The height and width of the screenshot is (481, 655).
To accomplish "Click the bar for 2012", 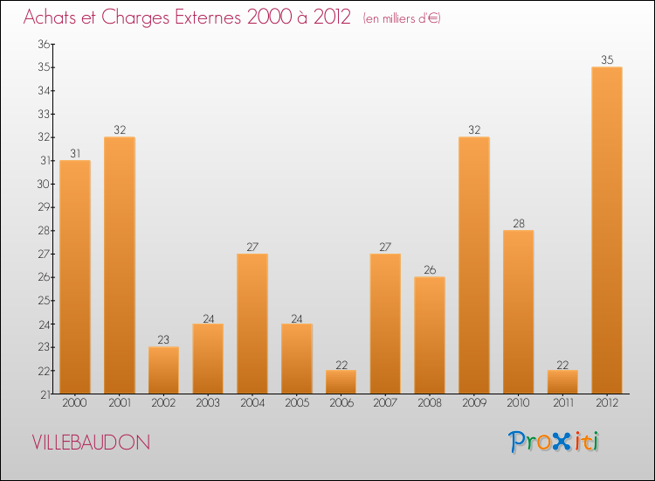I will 607,230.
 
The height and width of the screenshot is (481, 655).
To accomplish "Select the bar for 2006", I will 341,382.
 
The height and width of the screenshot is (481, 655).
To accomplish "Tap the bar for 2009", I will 473,265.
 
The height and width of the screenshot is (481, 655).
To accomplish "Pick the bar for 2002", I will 163,370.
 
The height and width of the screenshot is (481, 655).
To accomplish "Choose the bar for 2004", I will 252,324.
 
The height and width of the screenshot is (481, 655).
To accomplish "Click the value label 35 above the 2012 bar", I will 607,60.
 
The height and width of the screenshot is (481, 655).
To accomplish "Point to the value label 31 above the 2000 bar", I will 75,153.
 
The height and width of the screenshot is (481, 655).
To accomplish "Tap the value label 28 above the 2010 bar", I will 518,224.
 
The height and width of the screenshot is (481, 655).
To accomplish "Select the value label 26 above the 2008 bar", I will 430,270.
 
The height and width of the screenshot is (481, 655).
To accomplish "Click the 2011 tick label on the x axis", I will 562,403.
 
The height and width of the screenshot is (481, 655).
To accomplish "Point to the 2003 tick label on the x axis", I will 208,403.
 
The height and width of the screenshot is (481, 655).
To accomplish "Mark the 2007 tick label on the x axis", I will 385,403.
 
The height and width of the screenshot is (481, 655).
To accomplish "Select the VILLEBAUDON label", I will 90,443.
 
